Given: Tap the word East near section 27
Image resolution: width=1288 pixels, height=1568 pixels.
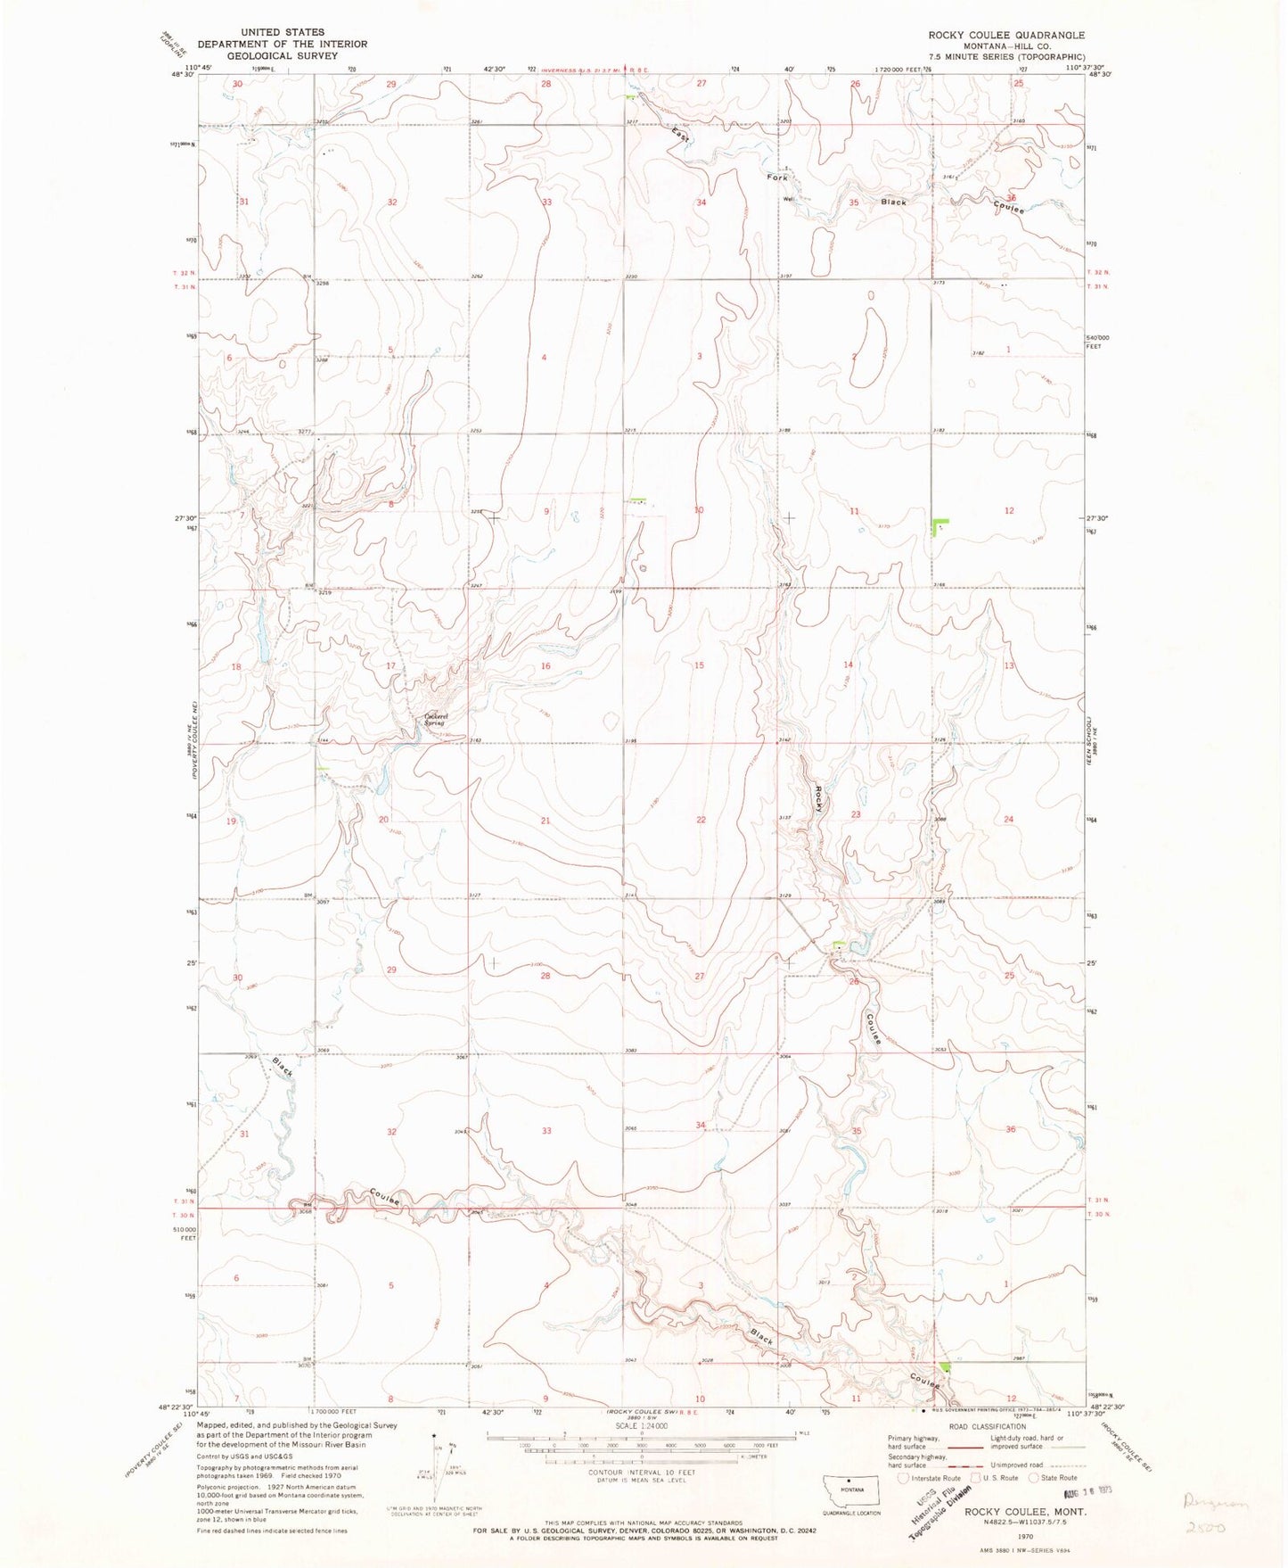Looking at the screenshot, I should click(680, 134).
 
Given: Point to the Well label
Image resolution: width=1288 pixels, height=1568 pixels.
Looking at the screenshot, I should click(787, 199).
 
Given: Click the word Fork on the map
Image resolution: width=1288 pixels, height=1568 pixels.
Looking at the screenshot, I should click(777, 177).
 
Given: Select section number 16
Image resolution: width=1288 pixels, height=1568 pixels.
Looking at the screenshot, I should click(546, 665).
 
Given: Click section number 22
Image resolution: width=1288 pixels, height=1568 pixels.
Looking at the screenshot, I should click(701, 820).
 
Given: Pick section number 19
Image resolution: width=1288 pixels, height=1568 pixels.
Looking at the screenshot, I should click(231, 821).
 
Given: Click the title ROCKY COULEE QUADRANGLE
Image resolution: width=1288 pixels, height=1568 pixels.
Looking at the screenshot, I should click(1006, 35).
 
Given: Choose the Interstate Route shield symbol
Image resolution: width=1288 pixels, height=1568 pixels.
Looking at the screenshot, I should click(904, 1478).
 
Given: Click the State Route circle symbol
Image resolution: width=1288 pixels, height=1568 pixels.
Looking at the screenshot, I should click(1035, 1478).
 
